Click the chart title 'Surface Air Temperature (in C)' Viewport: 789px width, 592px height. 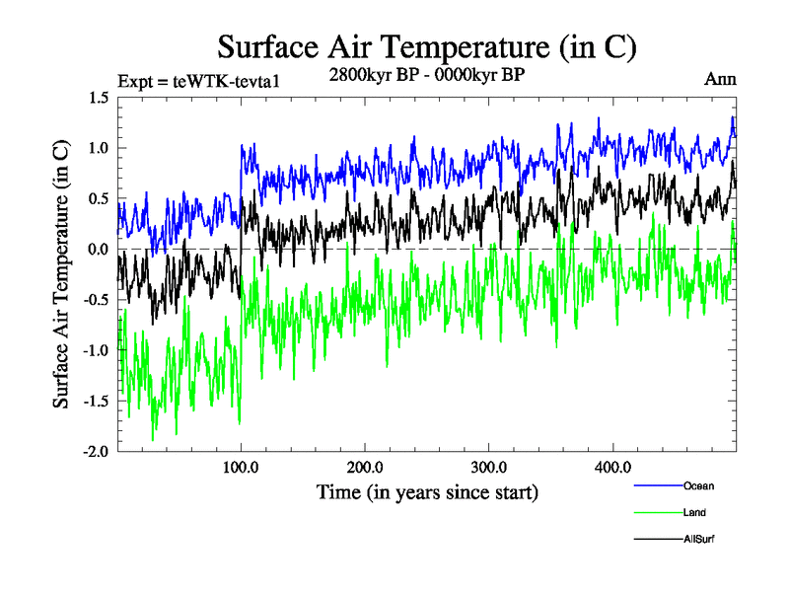pos(427,46)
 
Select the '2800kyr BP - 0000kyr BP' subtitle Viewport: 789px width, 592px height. pos(427,74)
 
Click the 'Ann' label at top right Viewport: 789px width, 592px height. pos(720,80)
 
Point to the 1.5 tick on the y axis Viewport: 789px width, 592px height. pos(99,98)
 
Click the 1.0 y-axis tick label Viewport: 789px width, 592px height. pos(99,148)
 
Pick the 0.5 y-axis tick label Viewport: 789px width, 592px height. pos(99,198)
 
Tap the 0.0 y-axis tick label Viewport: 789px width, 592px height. pos(99,250)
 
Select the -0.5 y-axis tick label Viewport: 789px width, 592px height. pos(96,300)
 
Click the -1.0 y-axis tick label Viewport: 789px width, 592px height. pos(96,350)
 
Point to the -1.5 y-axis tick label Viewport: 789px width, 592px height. pos(96,402)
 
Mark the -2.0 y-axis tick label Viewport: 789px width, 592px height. pos(96,452)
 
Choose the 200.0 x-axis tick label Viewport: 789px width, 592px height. pos(365,467)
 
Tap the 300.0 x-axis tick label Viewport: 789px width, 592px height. pos(489,467)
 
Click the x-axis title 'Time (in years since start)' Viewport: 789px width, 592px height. pos(427,491)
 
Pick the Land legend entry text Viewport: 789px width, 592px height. pos(694,512)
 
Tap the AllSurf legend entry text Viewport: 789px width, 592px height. pos(698,539)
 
